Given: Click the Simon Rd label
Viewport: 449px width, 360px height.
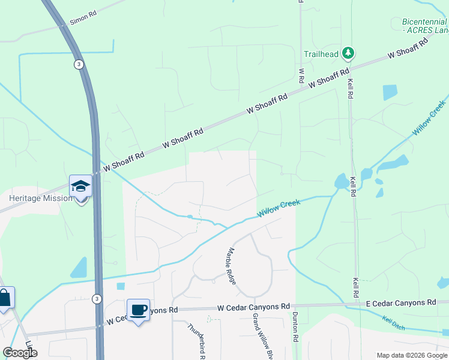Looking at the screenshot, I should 82,19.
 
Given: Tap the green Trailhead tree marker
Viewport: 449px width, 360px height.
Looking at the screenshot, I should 348,54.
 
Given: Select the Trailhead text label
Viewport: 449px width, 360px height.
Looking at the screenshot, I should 321,54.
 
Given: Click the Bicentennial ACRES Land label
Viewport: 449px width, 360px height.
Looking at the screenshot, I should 424,26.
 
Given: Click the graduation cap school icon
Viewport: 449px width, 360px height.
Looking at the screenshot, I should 80,186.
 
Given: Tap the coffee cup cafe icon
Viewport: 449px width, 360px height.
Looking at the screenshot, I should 138,310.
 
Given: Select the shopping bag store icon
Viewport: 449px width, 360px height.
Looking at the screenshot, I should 4,298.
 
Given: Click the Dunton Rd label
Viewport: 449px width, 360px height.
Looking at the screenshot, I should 295,326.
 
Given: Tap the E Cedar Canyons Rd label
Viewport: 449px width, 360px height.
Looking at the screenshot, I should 400,304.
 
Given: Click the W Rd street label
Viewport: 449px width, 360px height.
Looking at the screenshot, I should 302,76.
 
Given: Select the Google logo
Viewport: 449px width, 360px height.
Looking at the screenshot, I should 20,352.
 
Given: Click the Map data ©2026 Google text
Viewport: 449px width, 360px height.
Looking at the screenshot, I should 411,355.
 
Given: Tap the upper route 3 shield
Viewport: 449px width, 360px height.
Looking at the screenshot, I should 78,64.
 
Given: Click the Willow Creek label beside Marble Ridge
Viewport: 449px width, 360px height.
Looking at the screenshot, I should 279,209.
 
